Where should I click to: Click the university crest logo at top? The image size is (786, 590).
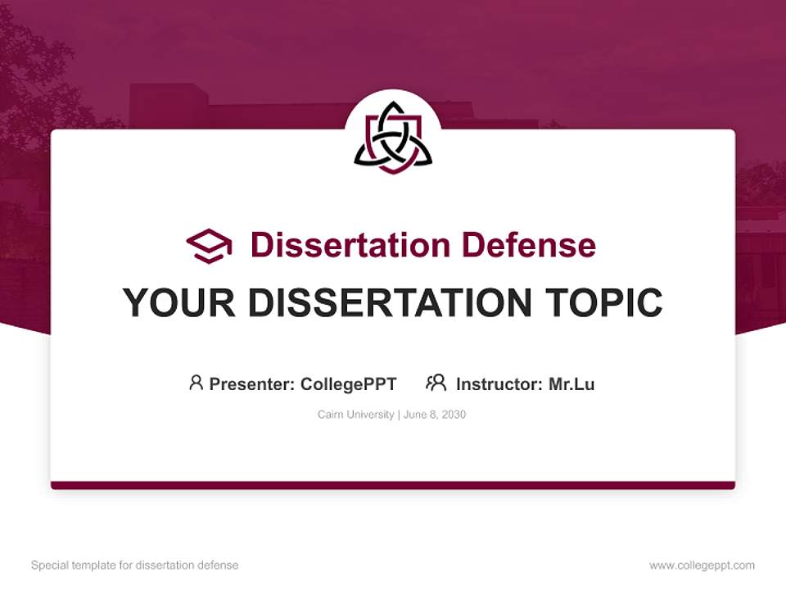click(393, 138)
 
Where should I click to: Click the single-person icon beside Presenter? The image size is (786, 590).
click(196, 383)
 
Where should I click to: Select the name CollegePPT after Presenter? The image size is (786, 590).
click(349, 384)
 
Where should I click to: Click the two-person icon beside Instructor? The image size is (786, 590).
click(436, 383)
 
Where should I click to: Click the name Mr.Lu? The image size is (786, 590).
click(571, 384)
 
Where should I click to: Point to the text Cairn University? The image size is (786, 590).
click(355, 415)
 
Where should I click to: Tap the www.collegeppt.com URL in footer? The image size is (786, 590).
click(702, 565)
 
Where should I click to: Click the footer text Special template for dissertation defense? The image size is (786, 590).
click(135, 565)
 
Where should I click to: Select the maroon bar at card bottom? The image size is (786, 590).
click(393, 485)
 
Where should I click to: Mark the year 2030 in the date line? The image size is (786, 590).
click(453, 415)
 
